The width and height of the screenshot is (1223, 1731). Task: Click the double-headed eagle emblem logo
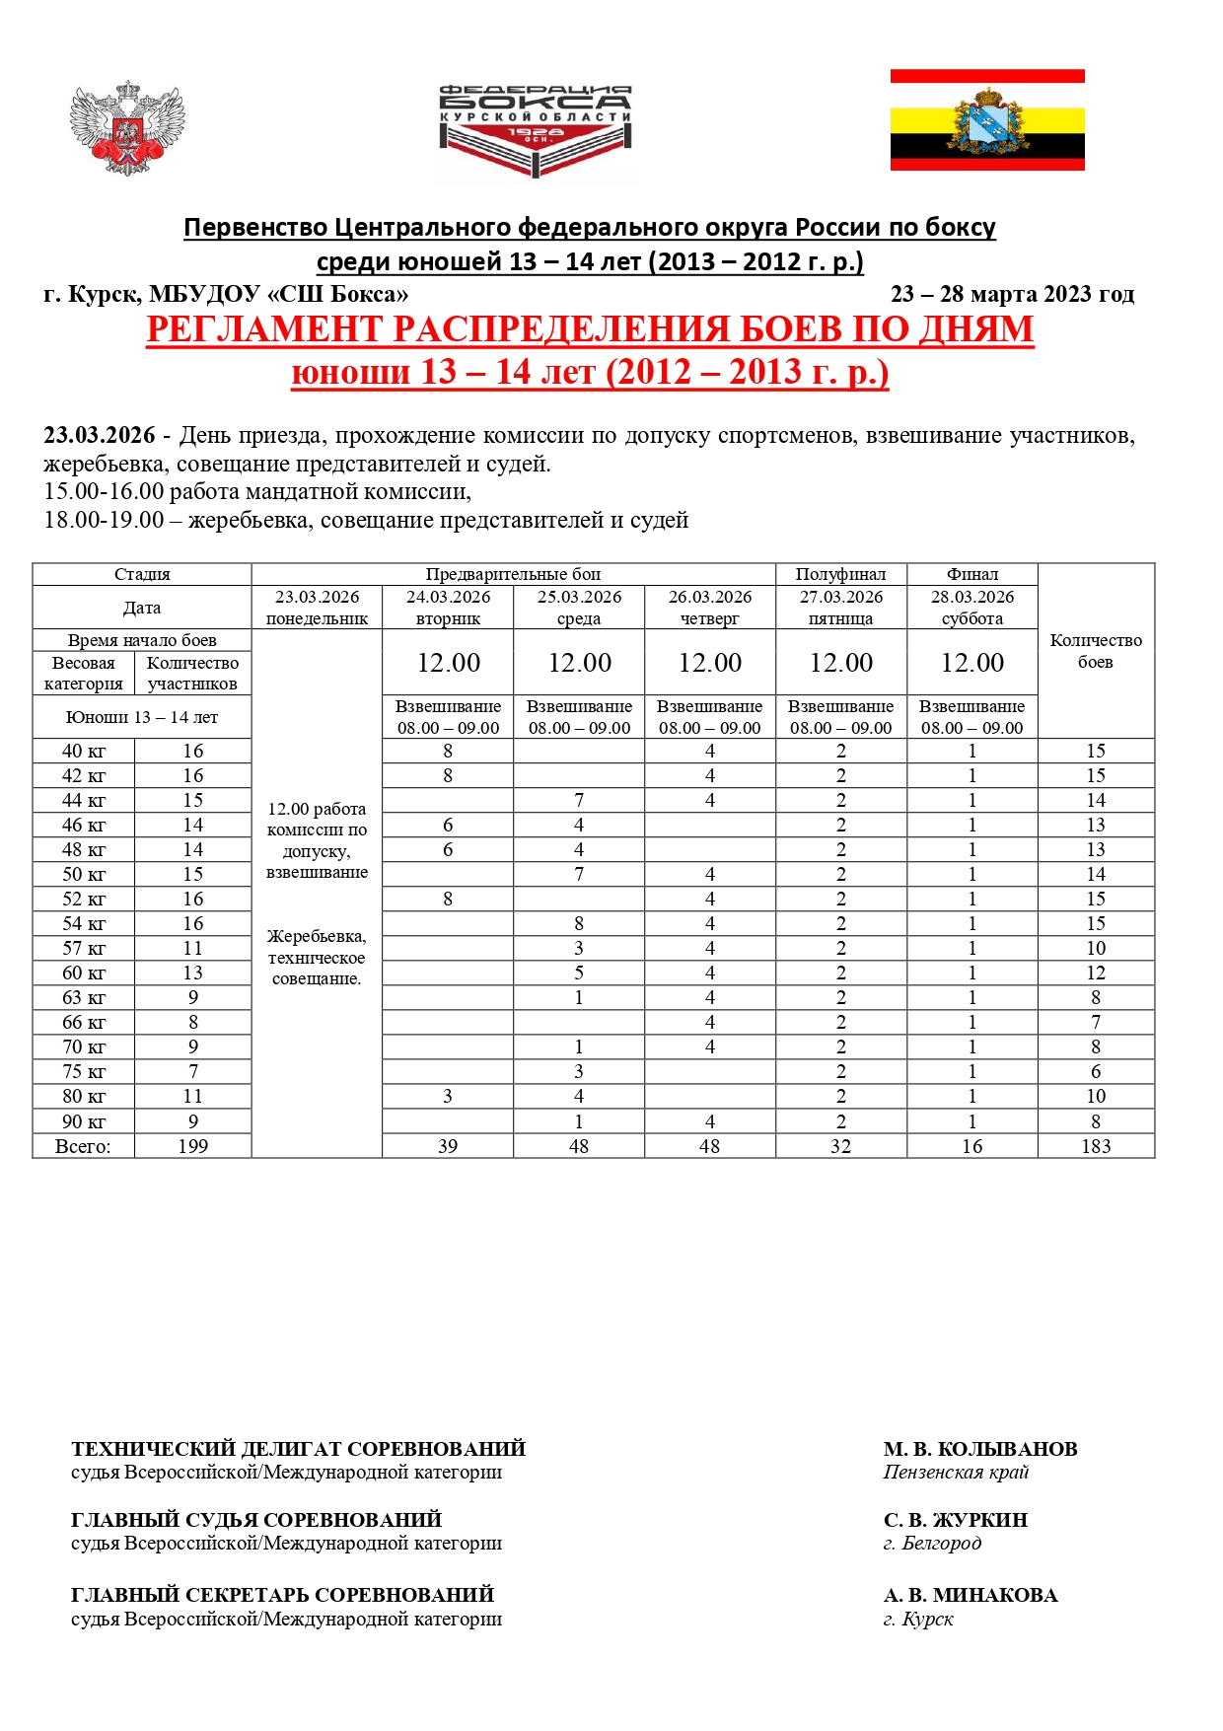(127, 128)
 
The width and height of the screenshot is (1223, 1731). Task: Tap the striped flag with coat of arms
(987, 120)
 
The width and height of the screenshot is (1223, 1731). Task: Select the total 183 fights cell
(1095, 1146)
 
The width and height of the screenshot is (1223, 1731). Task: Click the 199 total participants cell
(192, 1146)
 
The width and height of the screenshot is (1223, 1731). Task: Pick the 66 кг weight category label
(84, 1023)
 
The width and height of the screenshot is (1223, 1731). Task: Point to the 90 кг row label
(84, 1121)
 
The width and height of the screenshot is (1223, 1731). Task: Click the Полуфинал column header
(840, 574)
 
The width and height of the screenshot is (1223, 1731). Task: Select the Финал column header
(971, 574)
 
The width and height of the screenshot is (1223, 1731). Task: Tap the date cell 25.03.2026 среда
(579, 608)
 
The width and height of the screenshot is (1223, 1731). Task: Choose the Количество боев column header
(1095, 651)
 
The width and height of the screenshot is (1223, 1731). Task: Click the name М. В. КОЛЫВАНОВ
(979, 1449)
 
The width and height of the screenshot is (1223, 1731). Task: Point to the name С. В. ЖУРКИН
(955, 1520)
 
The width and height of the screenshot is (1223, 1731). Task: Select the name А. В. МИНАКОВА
(970, 1595)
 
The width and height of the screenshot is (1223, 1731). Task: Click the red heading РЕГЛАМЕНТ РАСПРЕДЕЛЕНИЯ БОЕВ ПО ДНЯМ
(590, 329)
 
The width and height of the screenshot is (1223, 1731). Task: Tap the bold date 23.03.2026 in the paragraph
(100, 435)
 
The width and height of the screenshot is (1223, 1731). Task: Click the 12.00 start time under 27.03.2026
(840, 663)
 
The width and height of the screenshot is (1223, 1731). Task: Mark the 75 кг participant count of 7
(192, 1072)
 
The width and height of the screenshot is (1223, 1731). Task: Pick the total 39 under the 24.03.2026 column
(448, 1146)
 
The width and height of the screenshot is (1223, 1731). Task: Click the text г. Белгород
(932, 1544)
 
